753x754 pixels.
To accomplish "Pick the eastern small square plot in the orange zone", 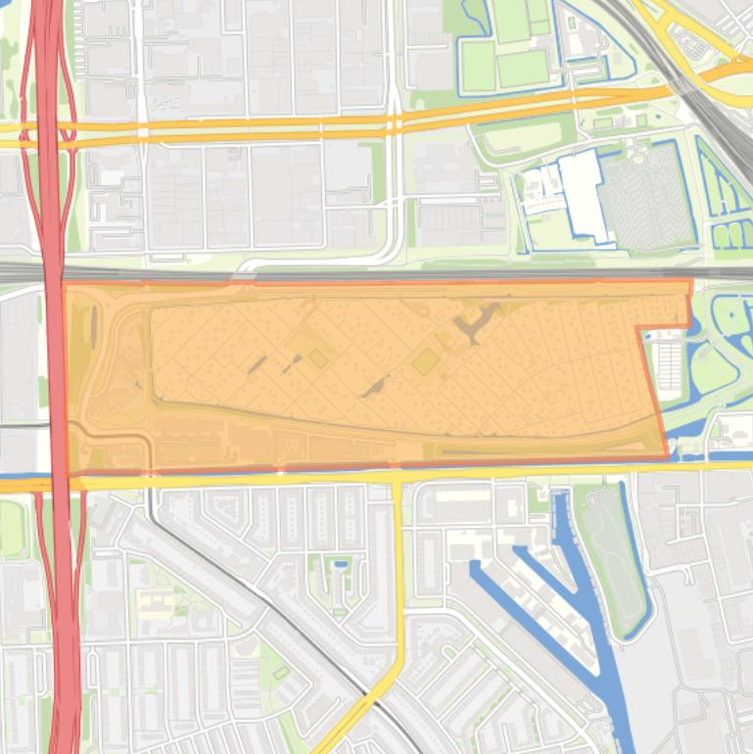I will point(425,363).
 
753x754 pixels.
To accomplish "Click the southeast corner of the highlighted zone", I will point(668,456).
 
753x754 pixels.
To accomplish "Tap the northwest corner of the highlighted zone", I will point(65,285).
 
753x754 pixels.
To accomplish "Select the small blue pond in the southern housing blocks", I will point(340,564).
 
